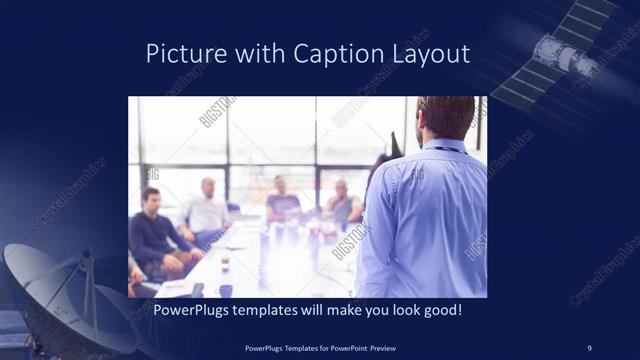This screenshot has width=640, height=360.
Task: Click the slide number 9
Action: [x=589, y=347]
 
